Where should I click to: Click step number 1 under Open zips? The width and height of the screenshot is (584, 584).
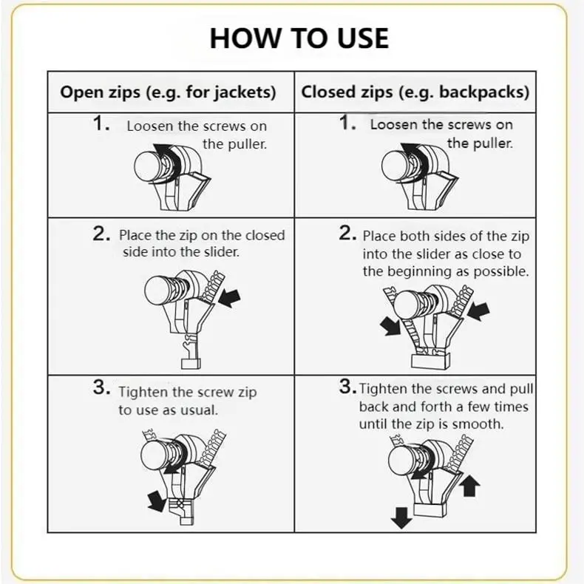[x=101, y=123]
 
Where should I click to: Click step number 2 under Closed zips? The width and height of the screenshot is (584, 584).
[x=347, y=233]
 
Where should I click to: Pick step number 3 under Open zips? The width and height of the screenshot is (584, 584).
[x=101, y=387]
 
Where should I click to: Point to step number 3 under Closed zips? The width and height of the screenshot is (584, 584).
[x=347, y=386]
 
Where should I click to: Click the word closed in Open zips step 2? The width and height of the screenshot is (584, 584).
[x=265, y=235]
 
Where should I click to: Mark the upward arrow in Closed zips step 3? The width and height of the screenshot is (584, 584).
[x=469, y=485]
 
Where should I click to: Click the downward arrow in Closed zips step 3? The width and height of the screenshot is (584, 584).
[x=401, y=517]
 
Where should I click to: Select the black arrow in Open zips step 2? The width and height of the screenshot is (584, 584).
[x=229, y=298]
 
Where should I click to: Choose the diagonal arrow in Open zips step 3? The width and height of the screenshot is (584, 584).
[x=157, y=500]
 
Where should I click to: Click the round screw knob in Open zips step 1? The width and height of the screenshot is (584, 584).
[x=147, y=166]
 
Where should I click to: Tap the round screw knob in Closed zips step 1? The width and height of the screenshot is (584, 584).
[x=395, y=164]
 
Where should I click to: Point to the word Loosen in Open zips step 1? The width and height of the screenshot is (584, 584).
[x=151, y=126]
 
